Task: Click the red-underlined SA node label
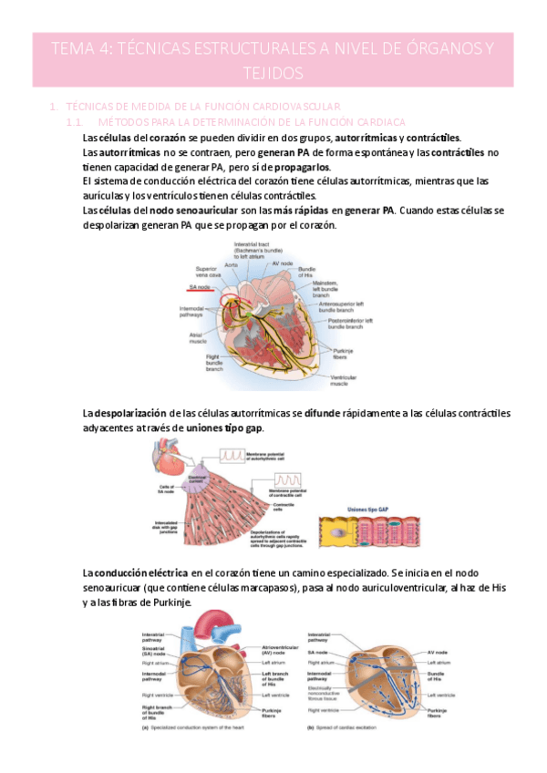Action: pyautogui.click(x=200, y=286)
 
